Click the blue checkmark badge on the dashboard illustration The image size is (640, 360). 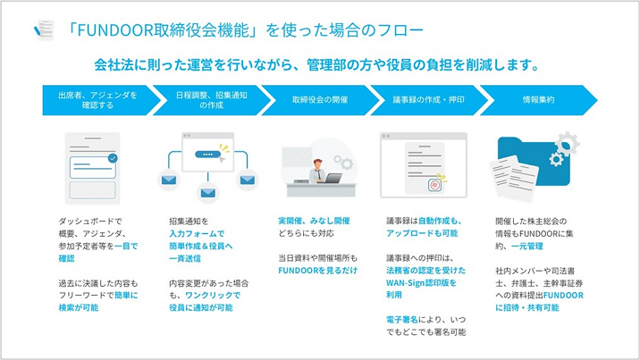pyautogui.click(x=112, y=158)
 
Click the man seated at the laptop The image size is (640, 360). pyautogui.click(x=317, y=169)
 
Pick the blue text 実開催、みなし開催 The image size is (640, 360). pyautogui.click(x=313, y=220)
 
